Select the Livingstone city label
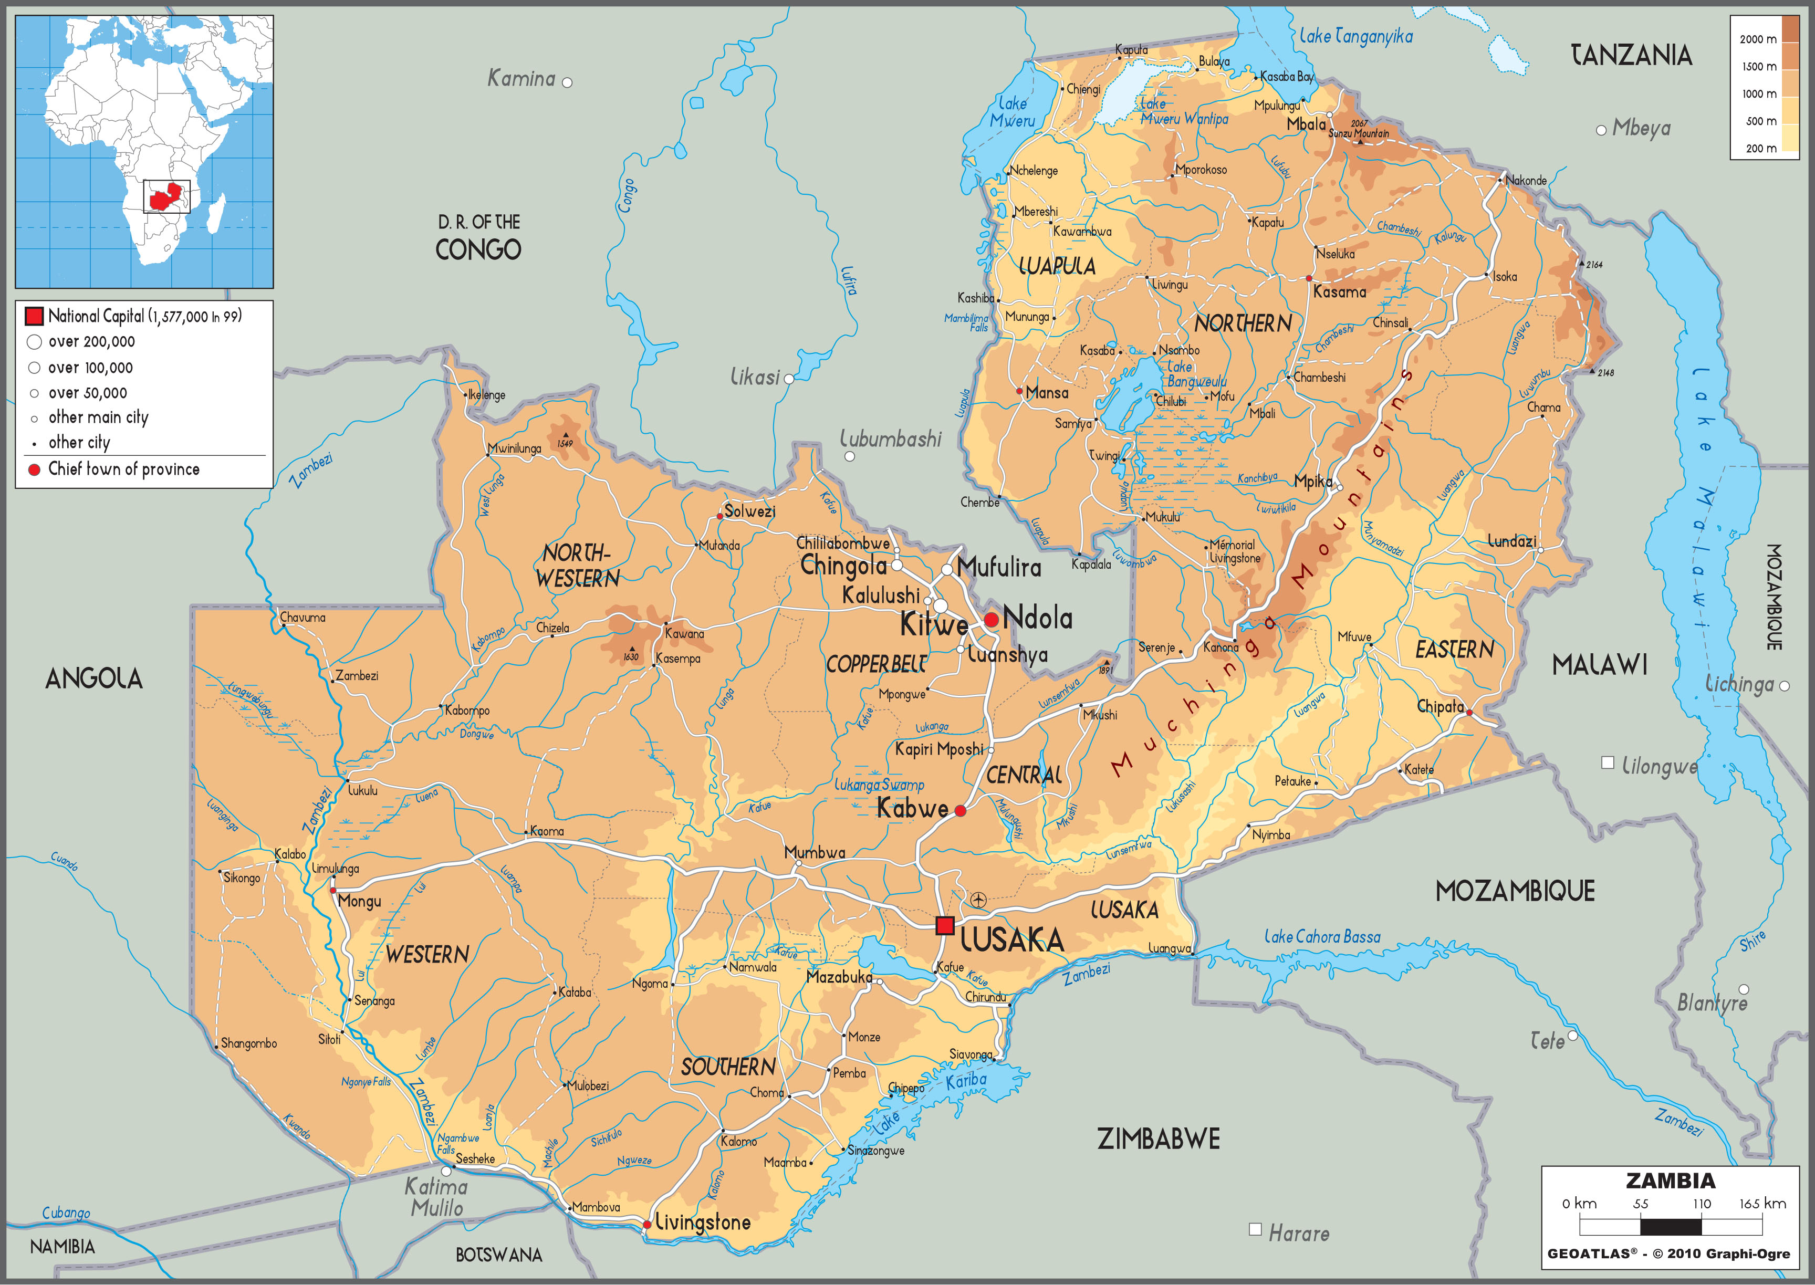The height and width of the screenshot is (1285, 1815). [703, 1223]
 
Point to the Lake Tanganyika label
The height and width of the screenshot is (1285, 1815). [1355, 36]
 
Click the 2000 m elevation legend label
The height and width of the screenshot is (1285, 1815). [1757, 39]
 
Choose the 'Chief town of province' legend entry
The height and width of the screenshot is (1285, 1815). [123, 469]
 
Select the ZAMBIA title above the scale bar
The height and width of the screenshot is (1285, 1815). [1670, 1180]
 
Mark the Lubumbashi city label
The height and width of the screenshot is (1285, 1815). [890, 439]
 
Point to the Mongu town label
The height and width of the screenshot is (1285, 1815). [359, 901]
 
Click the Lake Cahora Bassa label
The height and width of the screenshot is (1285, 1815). [1321, 937]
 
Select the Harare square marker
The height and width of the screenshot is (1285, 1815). [1255, 1229]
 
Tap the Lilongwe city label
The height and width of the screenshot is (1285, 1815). [1659, 766]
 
